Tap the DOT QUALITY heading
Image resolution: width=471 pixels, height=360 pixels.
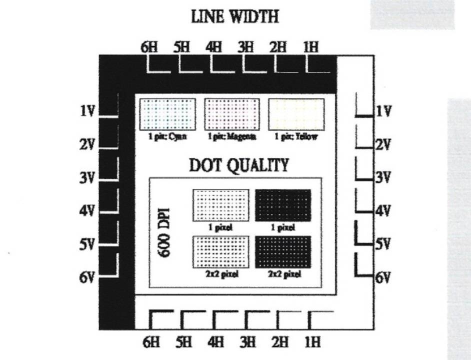point(238,165)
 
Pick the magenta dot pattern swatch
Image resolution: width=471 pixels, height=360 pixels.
point(232,115)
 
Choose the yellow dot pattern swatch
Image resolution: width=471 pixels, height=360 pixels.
point(296,115)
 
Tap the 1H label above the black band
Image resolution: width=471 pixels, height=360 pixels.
point(311,47)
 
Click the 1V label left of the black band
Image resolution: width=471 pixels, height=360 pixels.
point(88,111)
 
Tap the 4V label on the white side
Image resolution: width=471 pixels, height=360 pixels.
point(383,211)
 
